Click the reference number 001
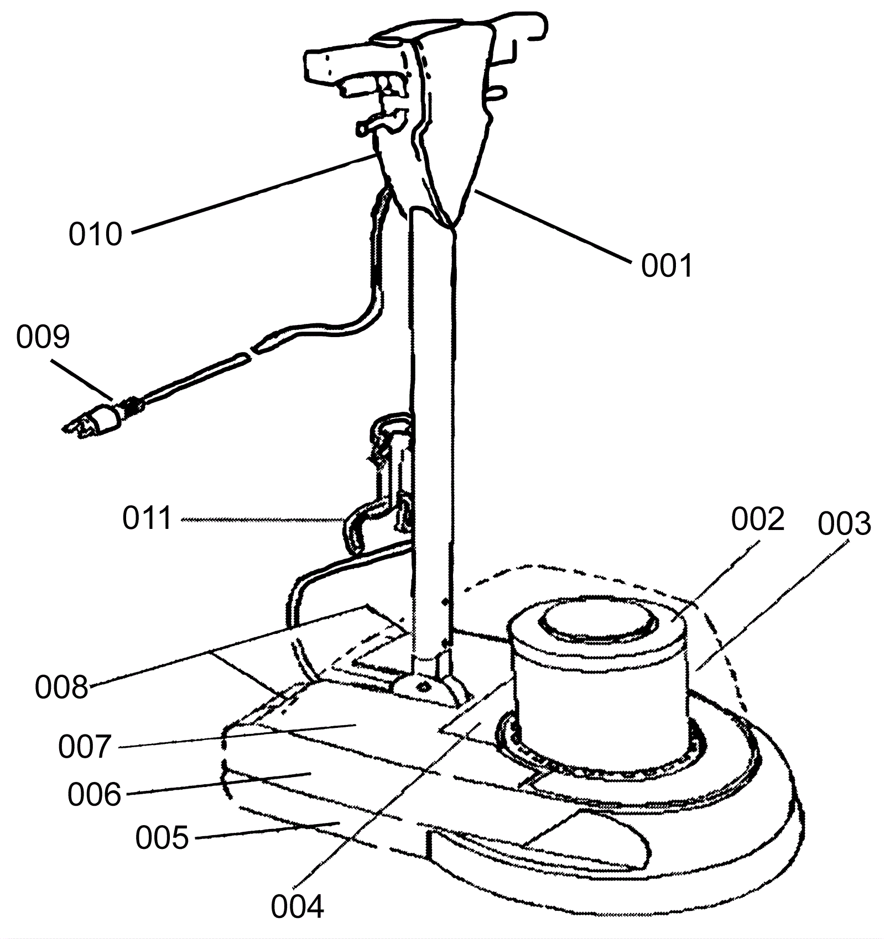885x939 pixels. [x=667, y=266]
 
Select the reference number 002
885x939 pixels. [x=758, y=520]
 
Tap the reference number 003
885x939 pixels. [x=845, y=524]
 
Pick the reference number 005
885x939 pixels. [x=162, y=838]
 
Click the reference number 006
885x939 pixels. [x=94, y=795]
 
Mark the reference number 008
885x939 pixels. [x=61, y=688]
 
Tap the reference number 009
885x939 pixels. [x=43, y=337]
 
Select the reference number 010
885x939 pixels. [x=95, y=234]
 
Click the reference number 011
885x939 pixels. [x=147, y=519]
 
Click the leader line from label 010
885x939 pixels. [x=249, y=193]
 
